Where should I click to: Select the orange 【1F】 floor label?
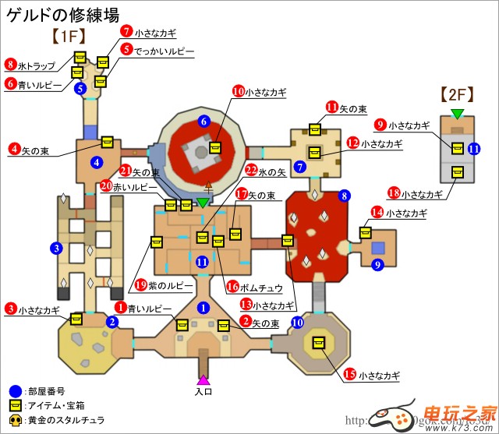(x=68, y=36)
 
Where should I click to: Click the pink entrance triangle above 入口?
(x=203, y=380)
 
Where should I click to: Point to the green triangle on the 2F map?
(x=457, y=115)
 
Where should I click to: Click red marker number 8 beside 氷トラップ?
(x=10, y=64)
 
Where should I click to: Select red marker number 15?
(x=349, y=376)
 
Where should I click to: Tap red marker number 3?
(x=10, y=309)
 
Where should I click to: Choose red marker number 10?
(x=238, y=91)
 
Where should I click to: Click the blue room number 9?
(x=377, y=266)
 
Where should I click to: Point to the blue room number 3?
(x=55, y=249)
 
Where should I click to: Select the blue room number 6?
(x=203, y=121)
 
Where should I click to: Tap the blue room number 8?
(x=342, y=196)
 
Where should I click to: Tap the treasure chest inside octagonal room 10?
(x=318, y=342)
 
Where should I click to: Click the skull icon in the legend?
(x=15, y=420)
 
